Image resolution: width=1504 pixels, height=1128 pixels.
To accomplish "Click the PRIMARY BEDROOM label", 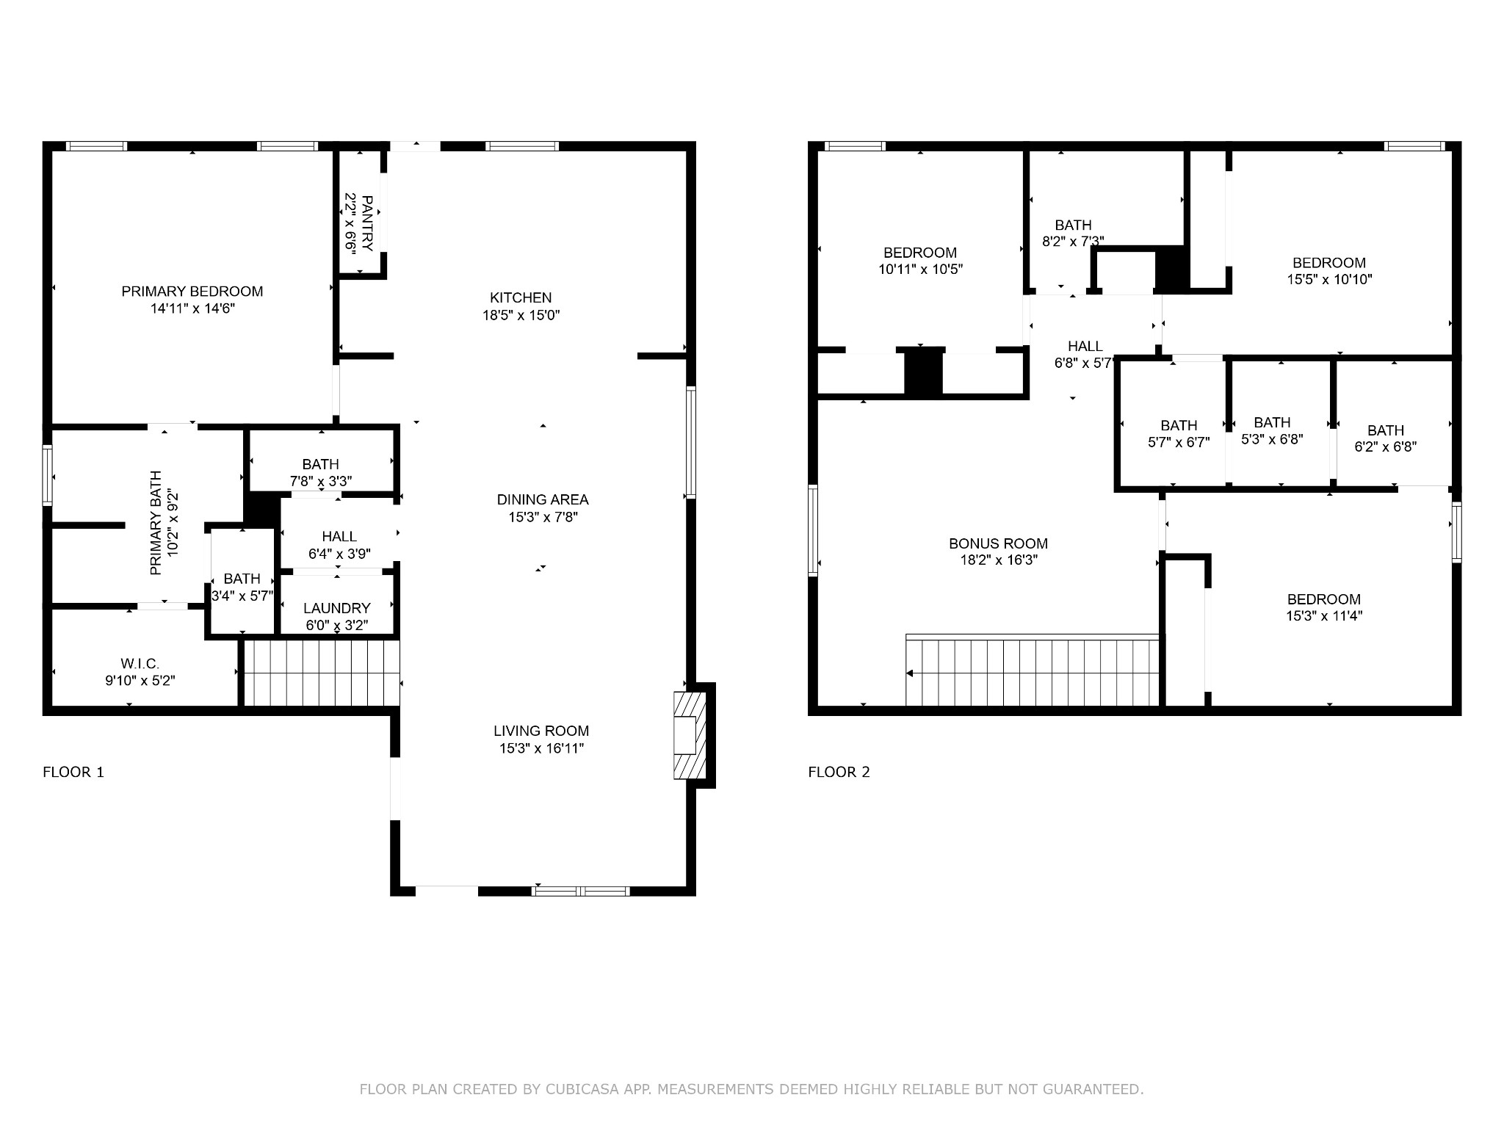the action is (192, 292).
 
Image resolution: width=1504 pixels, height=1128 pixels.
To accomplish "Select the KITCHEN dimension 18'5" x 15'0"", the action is (521, 315).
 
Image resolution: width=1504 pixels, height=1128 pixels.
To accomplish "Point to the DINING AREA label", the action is (543, 499).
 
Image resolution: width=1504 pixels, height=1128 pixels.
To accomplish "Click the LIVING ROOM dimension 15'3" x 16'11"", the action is (541, 748).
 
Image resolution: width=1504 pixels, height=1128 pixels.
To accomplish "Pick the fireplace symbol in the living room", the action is (690, 735).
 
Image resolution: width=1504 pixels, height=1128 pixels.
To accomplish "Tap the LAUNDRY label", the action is (337, 608).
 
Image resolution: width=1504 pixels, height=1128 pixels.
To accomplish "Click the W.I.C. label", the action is (140, 664).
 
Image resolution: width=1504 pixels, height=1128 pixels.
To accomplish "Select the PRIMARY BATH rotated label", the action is (156, 523).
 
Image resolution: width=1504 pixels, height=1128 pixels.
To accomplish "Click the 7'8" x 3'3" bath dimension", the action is (321, 482).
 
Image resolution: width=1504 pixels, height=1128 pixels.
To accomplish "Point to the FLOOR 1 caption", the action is (73, 772).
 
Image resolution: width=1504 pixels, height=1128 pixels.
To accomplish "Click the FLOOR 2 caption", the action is (839, 772).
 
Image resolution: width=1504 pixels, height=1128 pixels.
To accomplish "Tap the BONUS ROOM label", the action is (998, 543).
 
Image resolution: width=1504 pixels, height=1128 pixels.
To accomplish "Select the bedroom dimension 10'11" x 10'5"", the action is (920, 270).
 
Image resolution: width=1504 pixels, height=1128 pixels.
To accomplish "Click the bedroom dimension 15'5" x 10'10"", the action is (1329, 280).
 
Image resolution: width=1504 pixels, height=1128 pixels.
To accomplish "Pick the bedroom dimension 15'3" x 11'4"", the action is (1324, 616).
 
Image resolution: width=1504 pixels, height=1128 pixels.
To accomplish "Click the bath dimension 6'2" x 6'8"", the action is (1386, 446).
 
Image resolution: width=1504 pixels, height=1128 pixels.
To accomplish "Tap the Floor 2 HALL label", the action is (1085, 346).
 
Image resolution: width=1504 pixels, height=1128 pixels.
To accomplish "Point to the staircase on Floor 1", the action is (322, 673).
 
